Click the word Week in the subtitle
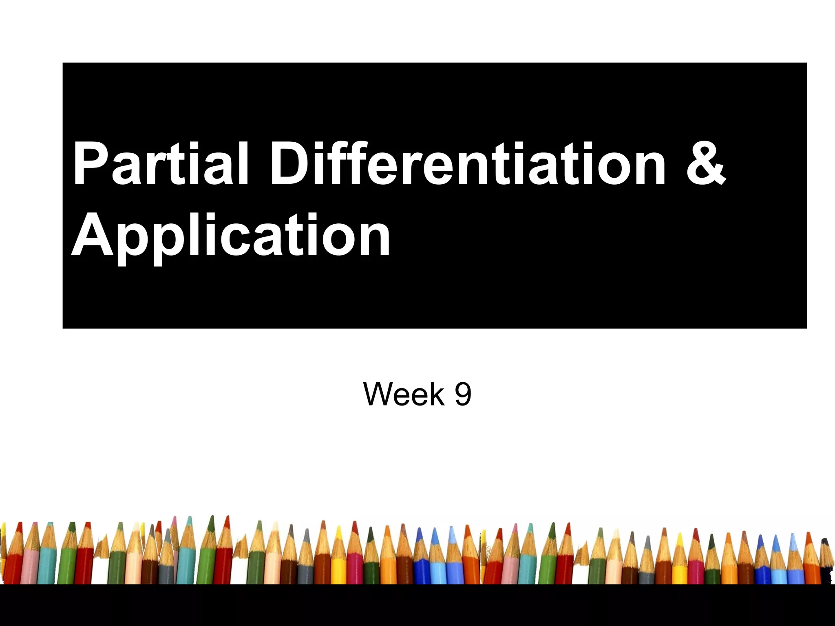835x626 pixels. tap(404, 394)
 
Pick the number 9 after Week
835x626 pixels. tap(463, 394)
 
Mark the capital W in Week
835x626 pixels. tap(379, 394)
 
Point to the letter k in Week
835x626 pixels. tap(438, 394)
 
